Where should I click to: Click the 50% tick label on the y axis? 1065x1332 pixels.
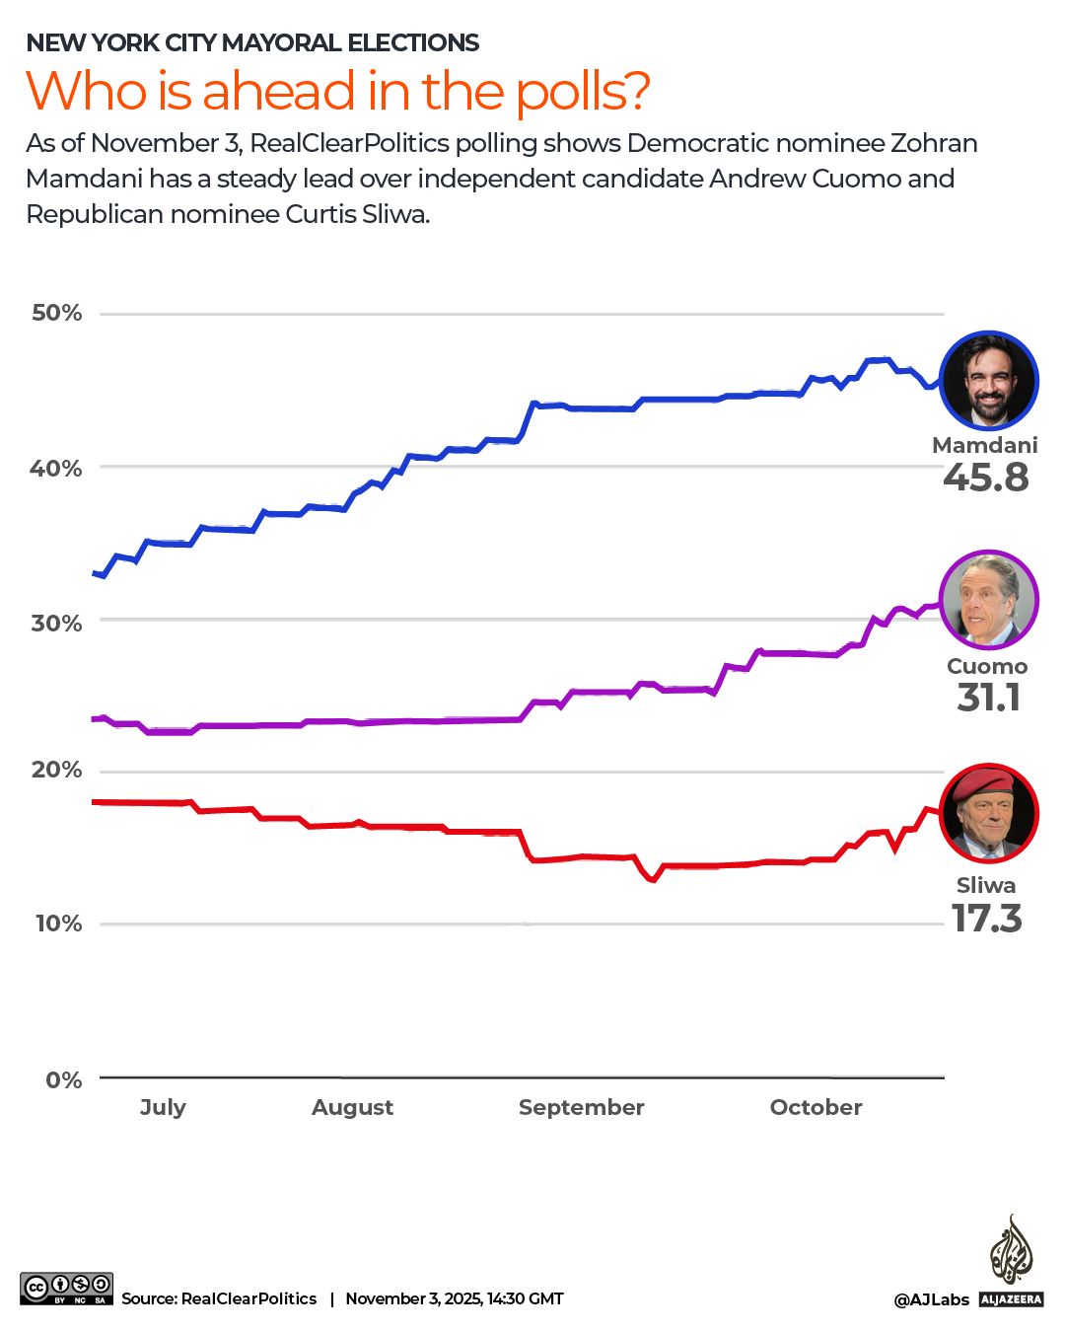56,313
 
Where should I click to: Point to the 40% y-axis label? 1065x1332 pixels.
56,468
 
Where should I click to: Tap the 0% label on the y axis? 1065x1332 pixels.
63,1079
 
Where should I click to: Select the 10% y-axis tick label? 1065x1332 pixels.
58,924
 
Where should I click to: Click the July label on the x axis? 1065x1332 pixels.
163,1107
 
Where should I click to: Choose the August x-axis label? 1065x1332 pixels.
352,1107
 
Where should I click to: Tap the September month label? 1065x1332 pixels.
581,1107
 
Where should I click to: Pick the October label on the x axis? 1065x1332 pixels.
816,1107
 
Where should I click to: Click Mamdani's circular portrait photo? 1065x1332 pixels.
988,381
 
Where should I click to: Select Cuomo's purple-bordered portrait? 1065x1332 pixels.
988,600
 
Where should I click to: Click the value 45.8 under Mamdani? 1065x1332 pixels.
985,478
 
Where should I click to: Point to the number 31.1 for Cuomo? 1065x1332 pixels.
988,698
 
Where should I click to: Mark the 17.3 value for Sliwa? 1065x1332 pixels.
986,919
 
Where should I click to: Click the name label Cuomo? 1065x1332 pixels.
986,666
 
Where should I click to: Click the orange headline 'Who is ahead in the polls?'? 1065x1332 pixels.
337,91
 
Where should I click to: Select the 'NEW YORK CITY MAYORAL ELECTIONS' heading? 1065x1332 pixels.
252,42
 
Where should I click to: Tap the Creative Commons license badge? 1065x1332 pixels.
66,1290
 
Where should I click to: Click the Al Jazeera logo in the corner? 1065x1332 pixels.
1011,1263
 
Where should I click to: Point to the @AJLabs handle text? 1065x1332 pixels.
931,1299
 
